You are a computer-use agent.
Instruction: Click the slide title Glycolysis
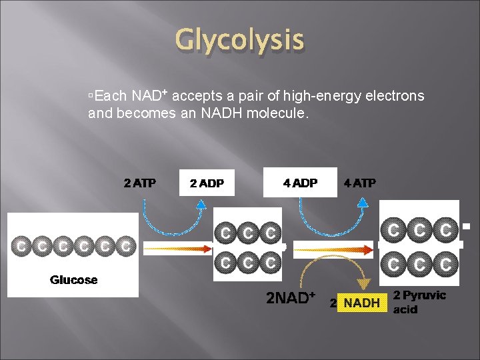click(239, 40)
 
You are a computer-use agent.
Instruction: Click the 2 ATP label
click(140, 183)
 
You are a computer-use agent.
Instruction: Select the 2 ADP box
click(207, 183)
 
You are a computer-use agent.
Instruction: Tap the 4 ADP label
click(300, 183)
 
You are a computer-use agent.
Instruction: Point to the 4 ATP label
click(360, 183)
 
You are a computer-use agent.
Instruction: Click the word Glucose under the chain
click(74, 280)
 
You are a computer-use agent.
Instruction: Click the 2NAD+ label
click(291, 297)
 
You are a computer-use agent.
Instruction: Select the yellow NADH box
click(361, 303)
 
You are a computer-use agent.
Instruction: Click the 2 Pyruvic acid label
click(419, 302)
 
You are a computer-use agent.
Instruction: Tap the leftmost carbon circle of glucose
click(22, 247)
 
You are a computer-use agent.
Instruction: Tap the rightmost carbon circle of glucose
click(125, 247)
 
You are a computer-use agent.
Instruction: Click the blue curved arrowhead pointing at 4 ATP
click(363, 206)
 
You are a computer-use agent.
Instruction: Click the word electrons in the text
click(393, 96)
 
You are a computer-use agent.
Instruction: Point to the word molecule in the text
click(277, 113)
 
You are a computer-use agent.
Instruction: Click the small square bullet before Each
click(90, 97)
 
